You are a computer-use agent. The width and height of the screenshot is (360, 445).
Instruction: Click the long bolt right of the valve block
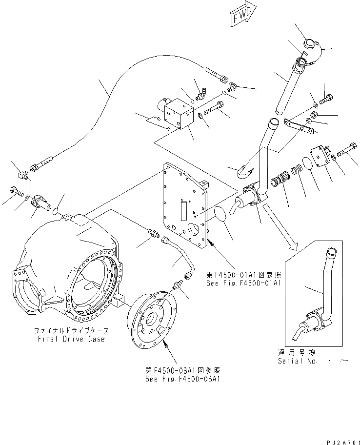(218, 108)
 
